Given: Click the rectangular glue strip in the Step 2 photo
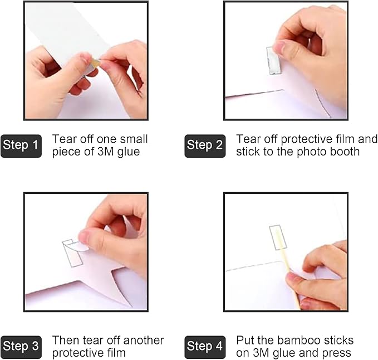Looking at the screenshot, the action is [274, 61].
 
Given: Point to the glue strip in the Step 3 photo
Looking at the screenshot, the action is [72, 254].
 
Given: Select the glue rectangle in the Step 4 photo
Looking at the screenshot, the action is [278, 237].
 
